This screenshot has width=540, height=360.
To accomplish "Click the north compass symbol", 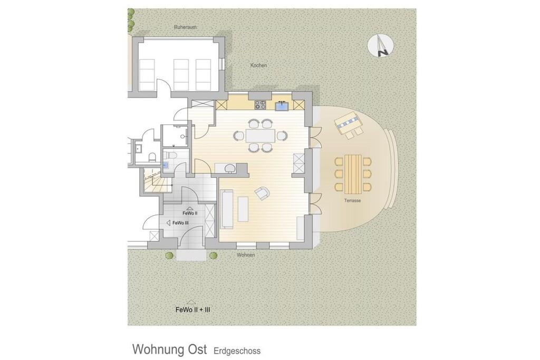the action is [381, 45].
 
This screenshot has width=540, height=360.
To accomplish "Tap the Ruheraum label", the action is [185, 27].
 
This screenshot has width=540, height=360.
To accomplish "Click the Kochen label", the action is [258, 65].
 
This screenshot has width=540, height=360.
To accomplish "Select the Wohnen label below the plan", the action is [246, 255].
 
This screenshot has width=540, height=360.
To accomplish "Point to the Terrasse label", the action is [352, 200].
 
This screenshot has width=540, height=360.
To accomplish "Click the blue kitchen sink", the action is [282, 105].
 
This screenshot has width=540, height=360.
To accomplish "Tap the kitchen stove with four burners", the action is [261, 105].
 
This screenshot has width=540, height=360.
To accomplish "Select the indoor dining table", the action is [261, 135].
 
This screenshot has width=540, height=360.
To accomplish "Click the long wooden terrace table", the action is [353, 174].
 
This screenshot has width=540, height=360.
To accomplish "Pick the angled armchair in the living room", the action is [263, 193].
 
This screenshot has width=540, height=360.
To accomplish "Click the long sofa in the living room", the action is [227, 209].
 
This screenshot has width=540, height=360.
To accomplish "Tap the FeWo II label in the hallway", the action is [190, 213].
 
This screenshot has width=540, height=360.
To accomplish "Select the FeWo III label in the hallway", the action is [180, 223].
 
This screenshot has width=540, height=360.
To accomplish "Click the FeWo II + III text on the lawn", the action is [193, 310].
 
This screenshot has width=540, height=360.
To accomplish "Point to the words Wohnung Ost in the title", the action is [169, 349].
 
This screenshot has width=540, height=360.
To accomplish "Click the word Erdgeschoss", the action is [237, 351].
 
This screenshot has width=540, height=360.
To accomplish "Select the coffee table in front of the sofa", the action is [243, 209].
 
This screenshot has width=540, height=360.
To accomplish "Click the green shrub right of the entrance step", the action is [214, 255].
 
